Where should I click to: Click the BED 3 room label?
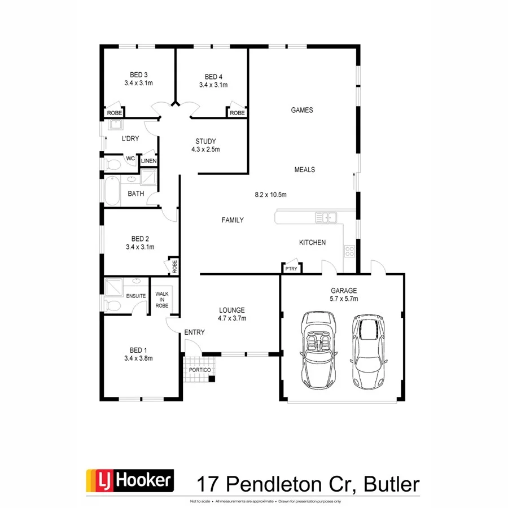coord(139,78)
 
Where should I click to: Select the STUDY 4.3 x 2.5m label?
coord(205,145)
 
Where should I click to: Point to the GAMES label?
coord(302,110)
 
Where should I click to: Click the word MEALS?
coord(305,169)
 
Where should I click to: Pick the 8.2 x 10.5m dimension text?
coord(271,195)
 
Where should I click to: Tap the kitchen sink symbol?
coord(326,217)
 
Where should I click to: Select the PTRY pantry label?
coord(291,269)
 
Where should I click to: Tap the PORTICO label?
coord(200,370)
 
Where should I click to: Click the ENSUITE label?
coord(136,295)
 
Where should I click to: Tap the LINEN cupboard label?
coord(148,161)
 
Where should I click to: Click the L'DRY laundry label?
coord(130,138)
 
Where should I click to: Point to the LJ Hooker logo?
coord(129,481)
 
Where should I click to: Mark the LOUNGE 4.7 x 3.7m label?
coord(232,314)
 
